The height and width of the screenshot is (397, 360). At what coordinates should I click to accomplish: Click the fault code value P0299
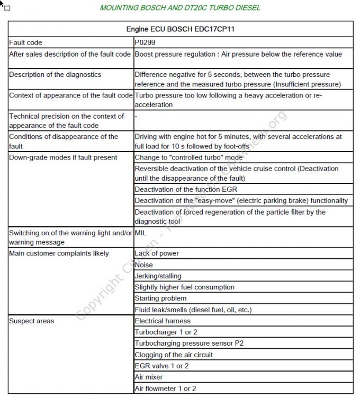coord(145,42)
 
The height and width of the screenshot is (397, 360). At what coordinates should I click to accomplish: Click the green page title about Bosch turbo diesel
coord(180,8)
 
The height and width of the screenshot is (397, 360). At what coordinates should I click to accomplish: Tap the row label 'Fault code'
coord(25,42)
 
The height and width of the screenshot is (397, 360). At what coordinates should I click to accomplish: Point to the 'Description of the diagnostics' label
coord(55,75)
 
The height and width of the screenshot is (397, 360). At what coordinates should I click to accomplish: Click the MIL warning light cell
coord(142,233)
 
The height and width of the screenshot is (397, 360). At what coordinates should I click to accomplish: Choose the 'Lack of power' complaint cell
coord(157,253)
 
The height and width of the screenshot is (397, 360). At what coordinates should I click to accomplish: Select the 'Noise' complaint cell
coord(144,264)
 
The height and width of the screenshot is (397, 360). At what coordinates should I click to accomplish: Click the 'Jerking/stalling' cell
coord(158,276)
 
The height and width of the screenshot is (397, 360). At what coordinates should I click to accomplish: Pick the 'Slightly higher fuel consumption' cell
coord(184,287)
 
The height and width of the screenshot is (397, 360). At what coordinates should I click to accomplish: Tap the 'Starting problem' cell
coord(158,298)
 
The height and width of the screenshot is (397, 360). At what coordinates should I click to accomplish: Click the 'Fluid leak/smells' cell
coord(193,309)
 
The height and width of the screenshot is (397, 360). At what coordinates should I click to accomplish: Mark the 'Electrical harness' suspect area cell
coord(163,321)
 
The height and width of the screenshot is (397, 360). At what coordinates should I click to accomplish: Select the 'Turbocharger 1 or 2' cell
coord(166,332)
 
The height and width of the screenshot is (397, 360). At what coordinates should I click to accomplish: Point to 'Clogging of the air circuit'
coord(174,354)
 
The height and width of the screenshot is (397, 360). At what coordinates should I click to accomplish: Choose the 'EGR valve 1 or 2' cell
coord(161,366)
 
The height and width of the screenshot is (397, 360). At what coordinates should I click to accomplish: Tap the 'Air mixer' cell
coord(149,377)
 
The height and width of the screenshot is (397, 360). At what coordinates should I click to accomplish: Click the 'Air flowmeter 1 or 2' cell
coord(165,388)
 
